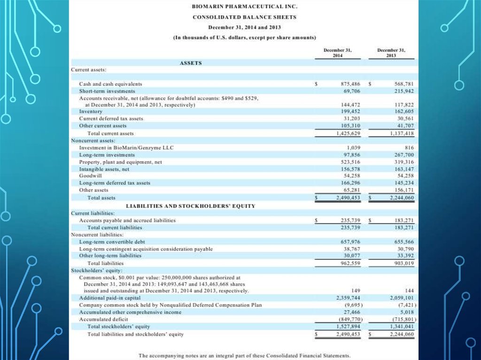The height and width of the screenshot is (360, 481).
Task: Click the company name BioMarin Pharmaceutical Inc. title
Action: tap(244, 8)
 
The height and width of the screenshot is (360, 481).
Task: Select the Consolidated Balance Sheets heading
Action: tap(244, 17)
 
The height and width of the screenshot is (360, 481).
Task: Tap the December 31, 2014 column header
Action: tap(338, 52)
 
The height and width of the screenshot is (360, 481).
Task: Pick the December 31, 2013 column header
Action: tap(391, 52)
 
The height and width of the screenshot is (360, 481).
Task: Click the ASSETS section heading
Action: tap(191, 62)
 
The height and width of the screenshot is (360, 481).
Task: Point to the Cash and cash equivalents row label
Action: tap(110, 84)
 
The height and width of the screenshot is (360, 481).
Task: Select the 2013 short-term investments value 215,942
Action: tap(403, 91)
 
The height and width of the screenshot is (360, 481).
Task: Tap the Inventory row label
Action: tap(91, 112)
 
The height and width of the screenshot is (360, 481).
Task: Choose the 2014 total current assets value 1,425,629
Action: tap(348, 133)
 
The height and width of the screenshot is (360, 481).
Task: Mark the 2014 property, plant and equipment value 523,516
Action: tap(350, 162)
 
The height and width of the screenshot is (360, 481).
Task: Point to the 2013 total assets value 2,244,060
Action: tap(401, 198)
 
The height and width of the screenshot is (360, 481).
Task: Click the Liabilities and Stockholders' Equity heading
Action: tap(191, 206)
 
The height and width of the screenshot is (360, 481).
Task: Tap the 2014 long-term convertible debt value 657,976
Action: tap(350, 242)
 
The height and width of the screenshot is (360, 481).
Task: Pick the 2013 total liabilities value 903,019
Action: tap(403, 263)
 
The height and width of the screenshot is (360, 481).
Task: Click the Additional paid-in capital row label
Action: tap(110, 298)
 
